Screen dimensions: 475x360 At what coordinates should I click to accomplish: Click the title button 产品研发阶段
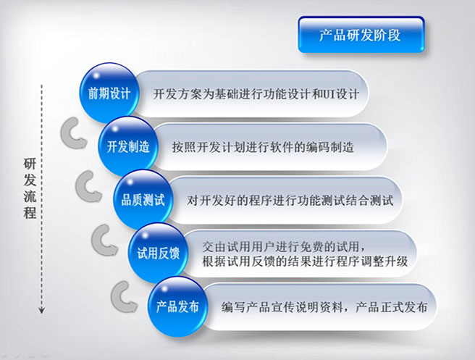tap(361, 35)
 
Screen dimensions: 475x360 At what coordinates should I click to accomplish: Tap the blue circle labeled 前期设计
tap(109, 93)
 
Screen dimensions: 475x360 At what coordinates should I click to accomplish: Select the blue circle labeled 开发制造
tap(128, 146)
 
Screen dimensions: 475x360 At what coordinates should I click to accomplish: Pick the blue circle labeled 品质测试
tap(143, 200)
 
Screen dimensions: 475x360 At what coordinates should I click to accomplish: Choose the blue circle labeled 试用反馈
tap(158, 253)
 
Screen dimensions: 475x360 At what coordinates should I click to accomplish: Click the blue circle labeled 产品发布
tap(177, 306)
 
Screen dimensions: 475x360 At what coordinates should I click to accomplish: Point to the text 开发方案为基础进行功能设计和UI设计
tap(256, 94)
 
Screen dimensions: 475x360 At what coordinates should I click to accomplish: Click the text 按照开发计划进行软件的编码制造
tap(263, 147)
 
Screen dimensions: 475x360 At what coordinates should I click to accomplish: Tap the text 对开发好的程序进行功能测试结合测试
tap(290, 201)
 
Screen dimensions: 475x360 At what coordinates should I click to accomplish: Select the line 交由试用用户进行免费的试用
tap(284, 247)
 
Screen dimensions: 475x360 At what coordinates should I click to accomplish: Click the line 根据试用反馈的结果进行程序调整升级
tap(305, 261)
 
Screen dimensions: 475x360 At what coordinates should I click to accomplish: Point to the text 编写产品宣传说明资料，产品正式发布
tap(324, 307)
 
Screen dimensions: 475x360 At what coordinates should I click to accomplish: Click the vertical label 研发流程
tap(30, 188)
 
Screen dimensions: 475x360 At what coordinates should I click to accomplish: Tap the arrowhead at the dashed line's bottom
tap(42, 310)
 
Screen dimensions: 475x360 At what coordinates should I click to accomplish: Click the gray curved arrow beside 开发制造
tap(73, 133)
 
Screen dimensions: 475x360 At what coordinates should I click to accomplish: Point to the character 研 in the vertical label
tap(30, 164)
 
